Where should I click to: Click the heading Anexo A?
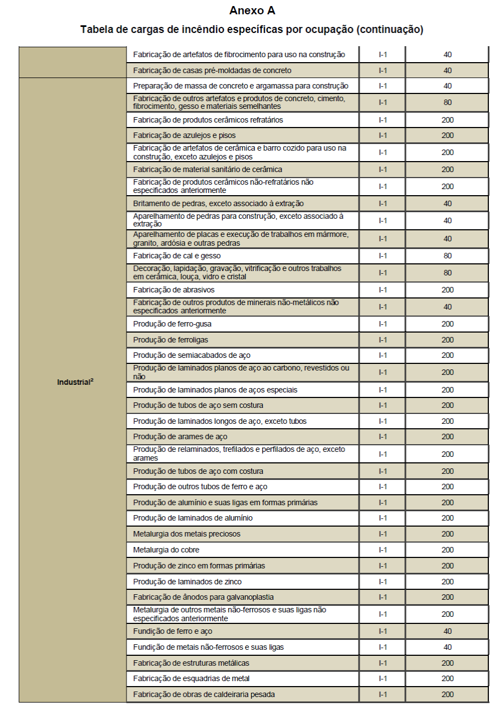(252, 11)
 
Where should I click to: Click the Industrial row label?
(75, 382)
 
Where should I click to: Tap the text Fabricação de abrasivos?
(174, 290)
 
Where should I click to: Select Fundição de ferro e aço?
(173, 631)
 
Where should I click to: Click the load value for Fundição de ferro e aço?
(447, 631)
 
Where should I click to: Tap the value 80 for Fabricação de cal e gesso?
(447, 256)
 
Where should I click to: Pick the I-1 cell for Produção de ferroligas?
(383, 340)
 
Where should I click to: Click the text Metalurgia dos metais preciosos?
(186, 534)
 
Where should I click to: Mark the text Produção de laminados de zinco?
(187, 582)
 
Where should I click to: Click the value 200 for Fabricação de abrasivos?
(447, 290)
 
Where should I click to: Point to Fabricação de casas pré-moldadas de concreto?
(212, 70)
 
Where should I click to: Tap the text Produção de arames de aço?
(180, 436)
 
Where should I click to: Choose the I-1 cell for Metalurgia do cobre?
(383, 550)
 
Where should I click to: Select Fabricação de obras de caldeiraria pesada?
(204, 694)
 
